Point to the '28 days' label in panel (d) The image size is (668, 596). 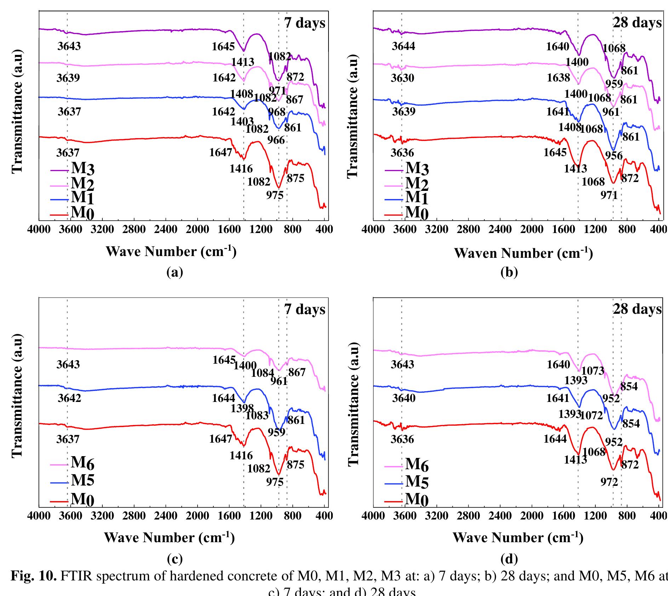(x=637, y=309)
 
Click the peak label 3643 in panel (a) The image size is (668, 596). (x=69, y=46)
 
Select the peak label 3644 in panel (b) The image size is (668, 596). (x=403, y=46)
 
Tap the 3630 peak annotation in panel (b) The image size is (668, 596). (x=402, y=78)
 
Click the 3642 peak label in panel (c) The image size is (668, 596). (x=69, y=398)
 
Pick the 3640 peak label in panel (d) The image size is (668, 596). (x=404, y=398)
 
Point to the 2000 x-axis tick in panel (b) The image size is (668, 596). (x=532, y=229)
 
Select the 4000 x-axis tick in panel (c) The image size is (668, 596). (x=39, y=515)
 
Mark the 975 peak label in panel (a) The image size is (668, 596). (x=275, y=195)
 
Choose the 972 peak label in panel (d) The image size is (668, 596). (x=609, y=482)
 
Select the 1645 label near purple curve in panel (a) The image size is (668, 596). (x=223, y=46)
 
